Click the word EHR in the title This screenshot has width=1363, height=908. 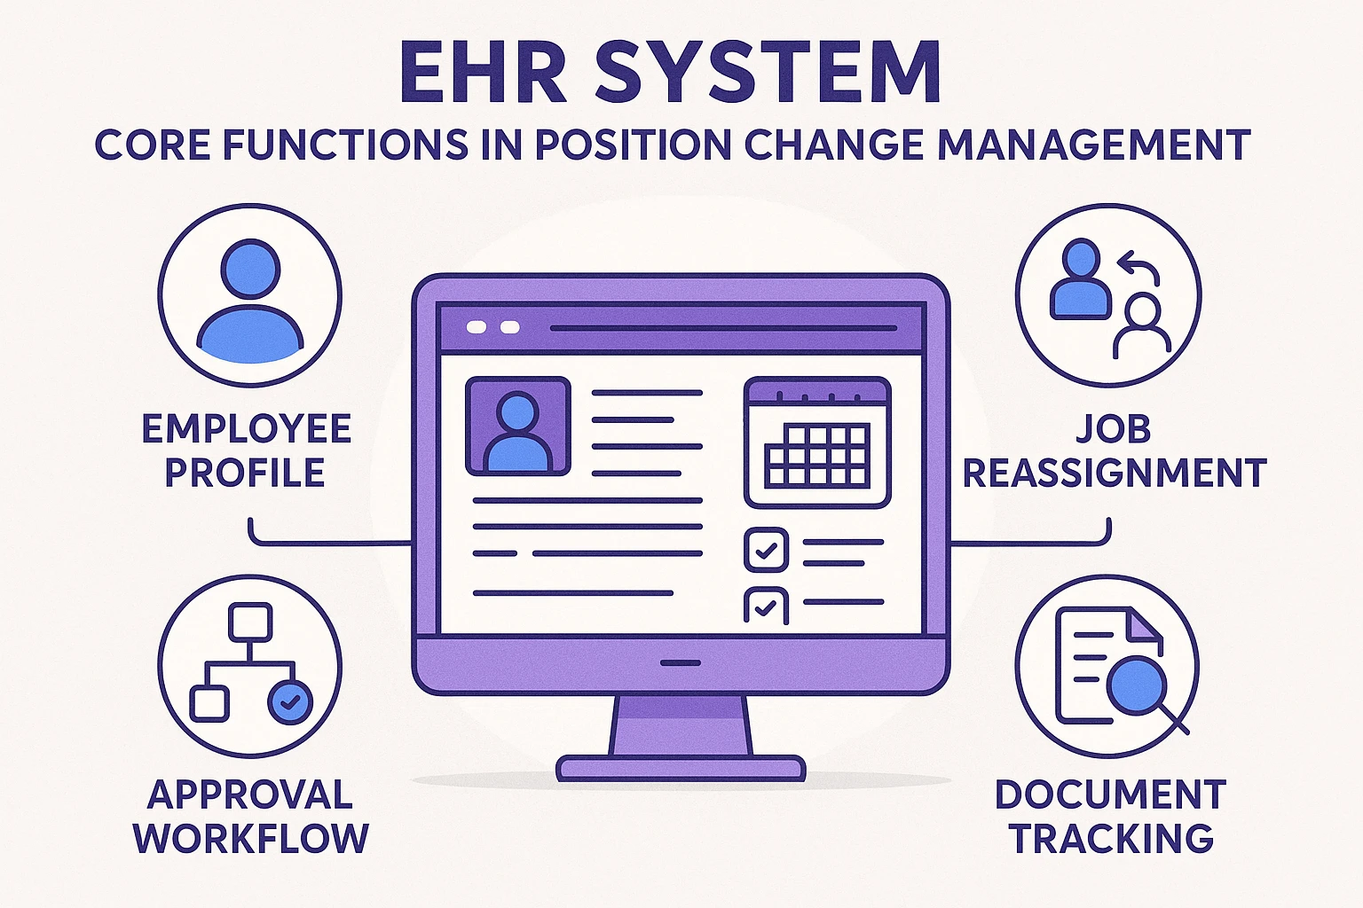[x=483, y=73]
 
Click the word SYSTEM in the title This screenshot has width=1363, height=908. [x=768, y=73]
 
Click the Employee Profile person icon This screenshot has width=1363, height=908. [x=250, y=296]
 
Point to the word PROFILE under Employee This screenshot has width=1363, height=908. [x=245, y=473]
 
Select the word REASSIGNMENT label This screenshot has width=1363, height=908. [x=1115, y=474]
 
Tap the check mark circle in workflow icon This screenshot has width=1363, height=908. [x=290, y=703]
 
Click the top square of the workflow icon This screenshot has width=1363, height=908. [x=249, y=622]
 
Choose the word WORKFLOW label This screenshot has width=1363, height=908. [x=251, y=839]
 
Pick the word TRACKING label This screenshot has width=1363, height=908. [x=1112, y=839]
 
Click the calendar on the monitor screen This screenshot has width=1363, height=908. [x=816, y=442]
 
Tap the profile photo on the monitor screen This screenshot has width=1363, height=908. [x=518, y=427]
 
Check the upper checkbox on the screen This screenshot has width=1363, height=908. [x=766, y=550]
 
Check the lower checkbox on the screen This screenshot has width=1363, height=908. [x=766, y=607]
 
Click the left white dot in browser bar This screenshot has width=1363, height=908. [x=477, y=327]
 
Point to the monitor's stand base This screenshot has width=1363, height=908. [x=681, y=767]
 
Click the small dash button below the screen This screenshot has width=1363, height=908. [x=681, y=662]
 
